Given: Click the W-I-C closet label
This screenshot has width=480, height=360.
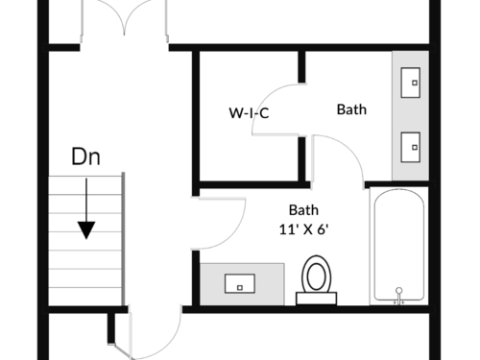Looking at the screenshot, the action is click(249, 113).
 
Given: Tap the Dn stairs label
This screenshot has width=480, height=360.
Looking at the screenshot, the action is click(85, 156).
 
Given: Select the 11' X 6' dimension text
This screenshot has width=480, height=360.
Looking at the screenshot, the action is click(304, 229).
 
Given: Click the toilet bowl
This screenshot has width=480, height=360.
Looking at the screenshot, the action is click(316, 274).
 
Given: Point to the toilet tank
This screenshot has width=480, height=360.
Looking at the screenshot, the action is click(316, 299).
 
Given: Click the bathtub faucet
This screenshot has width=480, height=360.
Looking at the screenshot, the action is click(398, 296).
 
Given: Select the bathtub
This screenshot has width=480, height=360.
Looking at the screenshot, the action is click(399, 246).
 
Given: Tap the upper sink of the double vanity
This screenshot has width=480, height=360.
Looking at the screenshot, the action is click(411, 83).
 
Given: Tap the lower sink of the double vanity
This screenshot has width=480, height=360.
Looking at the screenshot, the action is click(411, 147).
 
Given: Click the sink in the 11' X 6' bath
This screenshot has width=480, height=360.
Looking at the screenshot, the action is click(240, 283).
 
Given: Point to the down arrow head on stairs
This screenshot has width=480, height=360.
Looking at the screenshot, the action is click(86, 230).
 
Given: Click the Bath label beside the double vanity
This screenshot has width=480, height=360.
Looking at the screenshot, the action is click(351, 109).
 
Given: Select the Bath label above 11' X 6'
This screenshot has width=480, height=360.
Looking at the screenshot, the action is click(303, 210).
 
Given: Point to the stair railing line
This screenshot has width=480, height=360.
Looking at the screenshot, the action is click(123, 239).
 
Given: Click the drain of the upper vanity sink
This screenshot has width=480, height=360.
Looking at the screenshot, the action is click(415, 83).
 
